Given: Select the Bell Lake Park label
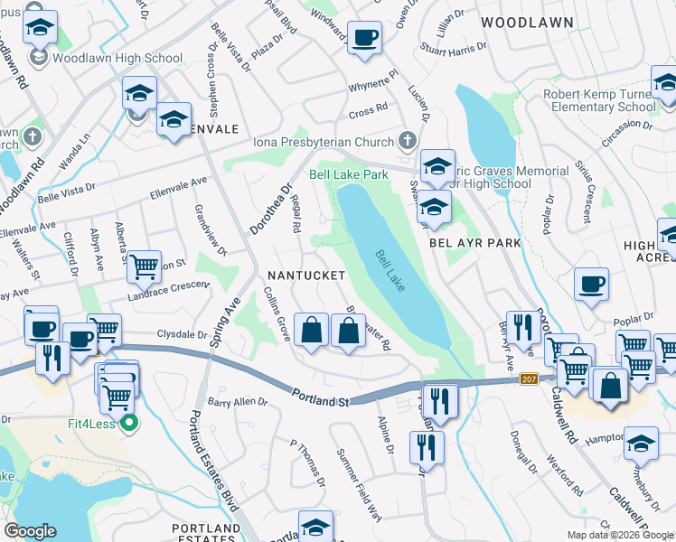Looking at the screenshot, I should pyautogui.click(x=348, y=173).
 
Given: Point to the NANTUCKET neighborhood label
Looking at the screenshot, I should pyautogui.click(x=305, y=275).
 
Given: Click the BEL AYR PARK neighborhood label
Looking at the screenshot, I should pyautogui.click(x=474, y=243).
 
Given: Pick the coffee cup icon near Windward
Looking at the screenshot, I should pyautogui.click(x=364, y=38).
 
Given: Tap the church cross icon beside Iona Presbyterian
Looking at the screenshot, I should pyautogui.click(x=408, y=141).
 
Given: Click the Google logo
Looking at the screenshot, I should pyautogui.click(x=30, y=531).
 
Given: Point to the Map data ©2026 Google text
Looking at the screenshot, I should pyautogui.click(x=620, y=535).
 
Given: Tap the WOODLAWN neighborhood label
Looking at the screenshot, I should pyautogui.click(x=526, y=21).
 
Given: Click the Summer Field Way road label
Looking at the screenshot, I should pyautogui.click(x=359, y=484).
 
